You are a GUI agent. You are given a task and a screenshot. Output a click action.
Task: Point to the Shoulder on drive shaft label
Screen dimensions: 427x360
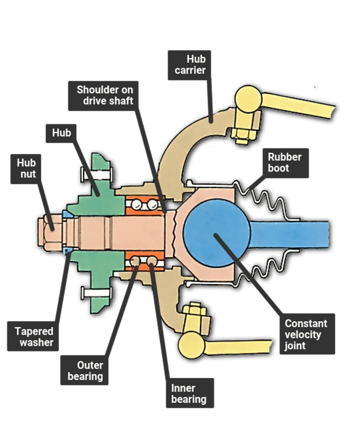coord(105,95)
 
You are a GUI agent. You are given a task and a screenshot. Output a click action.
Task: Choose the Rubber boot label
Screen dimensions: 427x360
coord(284,163)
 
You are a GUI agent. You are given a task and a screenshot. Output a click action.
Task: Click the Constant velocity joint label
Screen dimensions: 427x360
coord(306,335)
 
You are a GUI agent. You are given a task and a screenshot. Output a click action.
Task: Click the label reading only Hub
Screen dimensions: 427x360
coord(61,133)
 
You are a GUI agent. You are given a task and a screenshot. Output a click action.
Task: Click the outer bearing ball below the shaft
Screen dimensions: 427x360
coord(135,261)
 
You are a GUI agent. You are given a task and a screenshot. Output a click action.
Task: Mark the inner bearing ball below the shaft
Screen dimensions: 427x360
coord(152,261)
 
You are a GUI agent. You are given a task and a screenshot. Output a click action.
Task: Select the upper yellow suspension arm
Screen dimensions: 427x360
coord(302,105)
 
